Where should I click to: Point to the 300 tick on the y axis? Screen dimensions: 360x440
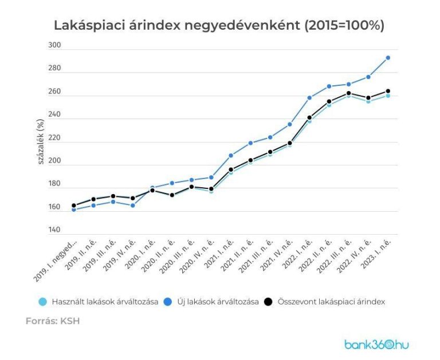[x=55, y=45]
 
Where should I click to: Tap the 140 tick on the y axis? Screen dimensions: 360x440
[x=55, y=230]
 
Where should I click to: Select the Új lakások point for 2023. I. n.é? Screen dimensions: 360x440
[x=388, y=58]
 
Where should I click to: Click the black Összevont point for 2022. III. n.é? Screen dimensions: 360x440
[x=349, y=93]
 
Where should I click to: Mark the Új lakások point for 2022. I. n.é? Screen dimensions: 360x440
[x=309, y=98]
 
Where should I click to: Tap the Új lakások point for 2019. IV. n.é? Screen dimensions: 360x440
[x=133, y=205]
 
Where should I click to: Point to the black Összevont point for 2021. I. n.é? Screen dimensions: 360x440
[x=231, y=169]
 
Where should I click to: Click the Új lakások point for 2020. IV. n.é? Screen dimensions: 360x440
[x=211, y=177]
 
